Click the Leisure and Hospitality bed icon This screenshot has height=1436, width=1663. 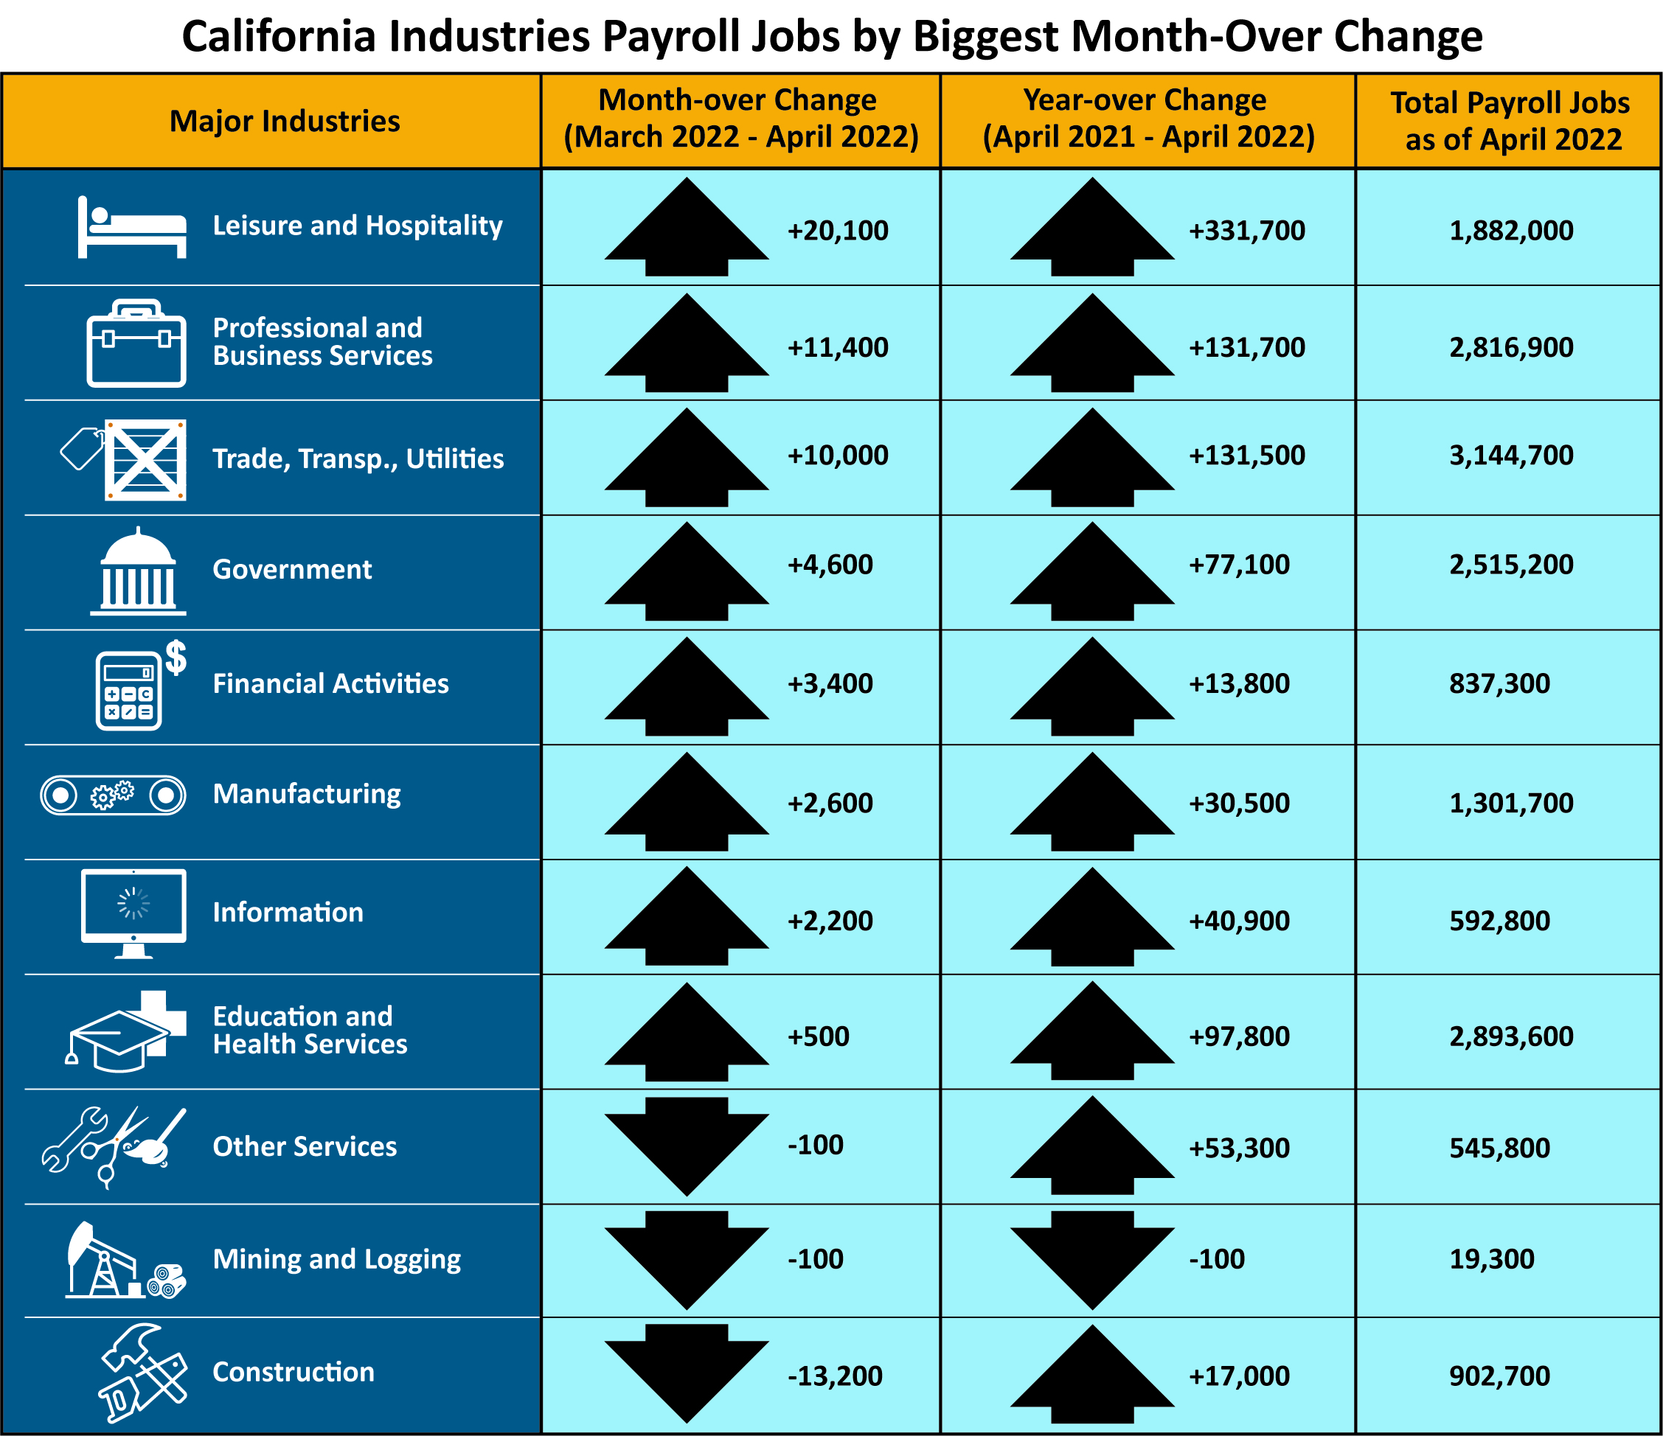133,228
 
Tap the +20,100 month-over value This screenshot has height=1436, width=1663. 837,231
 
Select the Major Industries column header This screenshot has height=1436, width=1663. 285,121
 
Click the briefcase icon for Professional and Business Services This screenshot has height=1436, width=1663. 136,344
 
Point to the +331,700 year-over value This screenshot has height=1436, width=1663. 1246,231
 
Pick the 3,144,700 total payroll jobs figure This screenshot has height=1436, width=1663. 1510,456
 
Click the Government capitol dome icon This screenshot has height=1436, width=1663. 138,571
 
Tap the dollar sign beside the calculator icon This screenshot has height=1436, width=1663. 176,658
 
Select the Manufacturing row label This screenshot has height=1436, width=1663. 307,793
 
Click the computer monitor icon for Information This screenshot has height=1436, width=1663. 134,911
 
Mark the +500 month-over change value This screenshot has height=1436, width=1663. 818,1036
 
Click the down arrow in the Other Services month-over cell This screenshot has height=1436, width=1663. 687,1146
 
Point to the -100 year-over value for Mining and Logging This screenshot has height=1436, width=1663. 1216,1258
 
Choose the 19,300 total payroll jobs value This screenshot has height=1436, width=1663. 1491,1258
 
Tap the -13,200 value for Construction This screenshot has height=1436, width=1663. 835,1376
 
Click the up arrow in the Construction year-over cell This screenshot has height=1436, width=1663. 1092,1374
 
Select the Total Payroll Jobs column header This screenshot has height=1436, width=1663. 1510,121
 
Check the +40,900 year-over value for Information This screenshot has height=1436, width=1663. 1238,921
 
